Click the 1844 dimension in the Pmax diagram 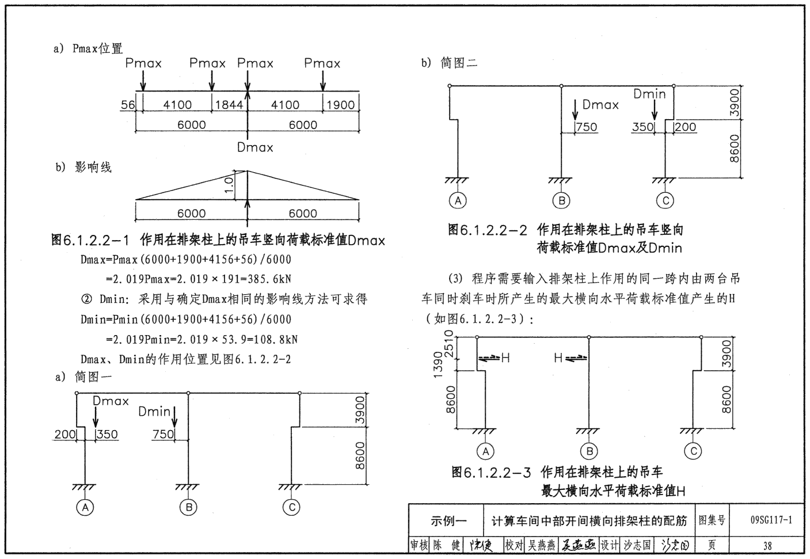229,105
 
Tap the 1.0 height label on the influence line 229,185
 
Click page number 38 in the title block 767,545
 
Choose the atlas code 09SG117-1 771,520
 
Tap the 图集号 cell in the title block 712,520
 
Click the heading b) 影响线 83,168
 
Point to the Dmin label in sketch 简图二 649,94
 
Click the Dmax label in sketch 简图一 111,401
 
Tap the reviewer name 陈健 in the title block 447,545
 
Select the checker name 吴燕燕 542,545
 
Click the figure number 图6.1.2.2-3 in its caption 491,473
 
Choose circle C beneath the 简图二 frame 665,200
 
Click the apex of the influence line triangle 248,170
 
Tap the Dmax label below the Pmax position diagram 255,147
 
